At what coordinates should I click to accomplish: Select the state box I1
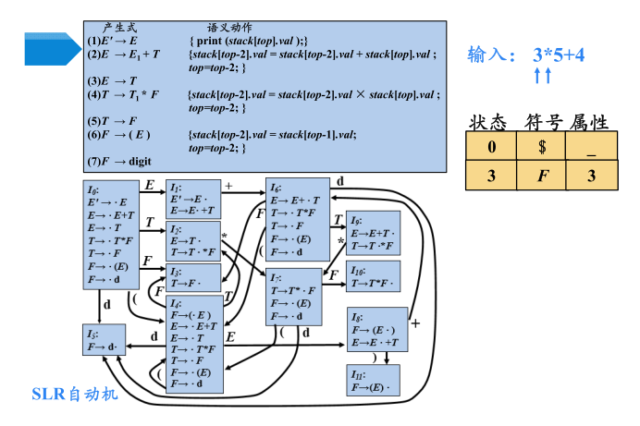193,199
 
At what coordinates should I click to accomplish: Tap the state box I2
193,240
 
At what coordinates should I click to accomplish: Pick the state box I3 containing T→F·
193,277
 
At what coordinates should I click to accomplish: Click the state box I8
373,235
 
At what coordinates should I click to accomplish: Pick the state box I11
373,382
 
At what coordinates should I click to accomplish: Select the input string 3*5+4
558,55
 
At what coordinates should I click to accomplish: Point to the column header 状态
487,121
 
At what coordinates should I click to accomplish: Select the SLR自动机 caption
75,395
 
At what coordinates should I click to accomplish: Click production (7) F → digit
119,160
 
